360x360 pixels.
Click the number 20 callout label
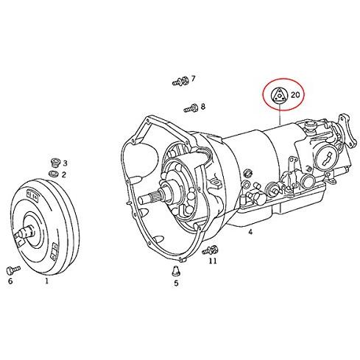[x=295, y=94]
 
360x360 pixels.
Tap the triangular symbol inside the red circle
[x=279, y=96]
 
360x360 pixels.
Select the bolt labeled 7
[x=180, y=81]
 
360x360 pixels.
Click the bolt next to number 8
[x=191, y=108]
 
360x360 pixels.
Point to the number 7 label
[x=194, y=79]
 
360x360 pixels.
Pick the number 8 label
[x=203, y=107]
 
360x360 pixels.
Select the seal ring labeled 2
[x=54, y=174]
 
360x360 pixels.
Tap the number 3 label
[x=65, y=163]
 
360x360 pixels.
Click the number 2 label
[x=64, y=174]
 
